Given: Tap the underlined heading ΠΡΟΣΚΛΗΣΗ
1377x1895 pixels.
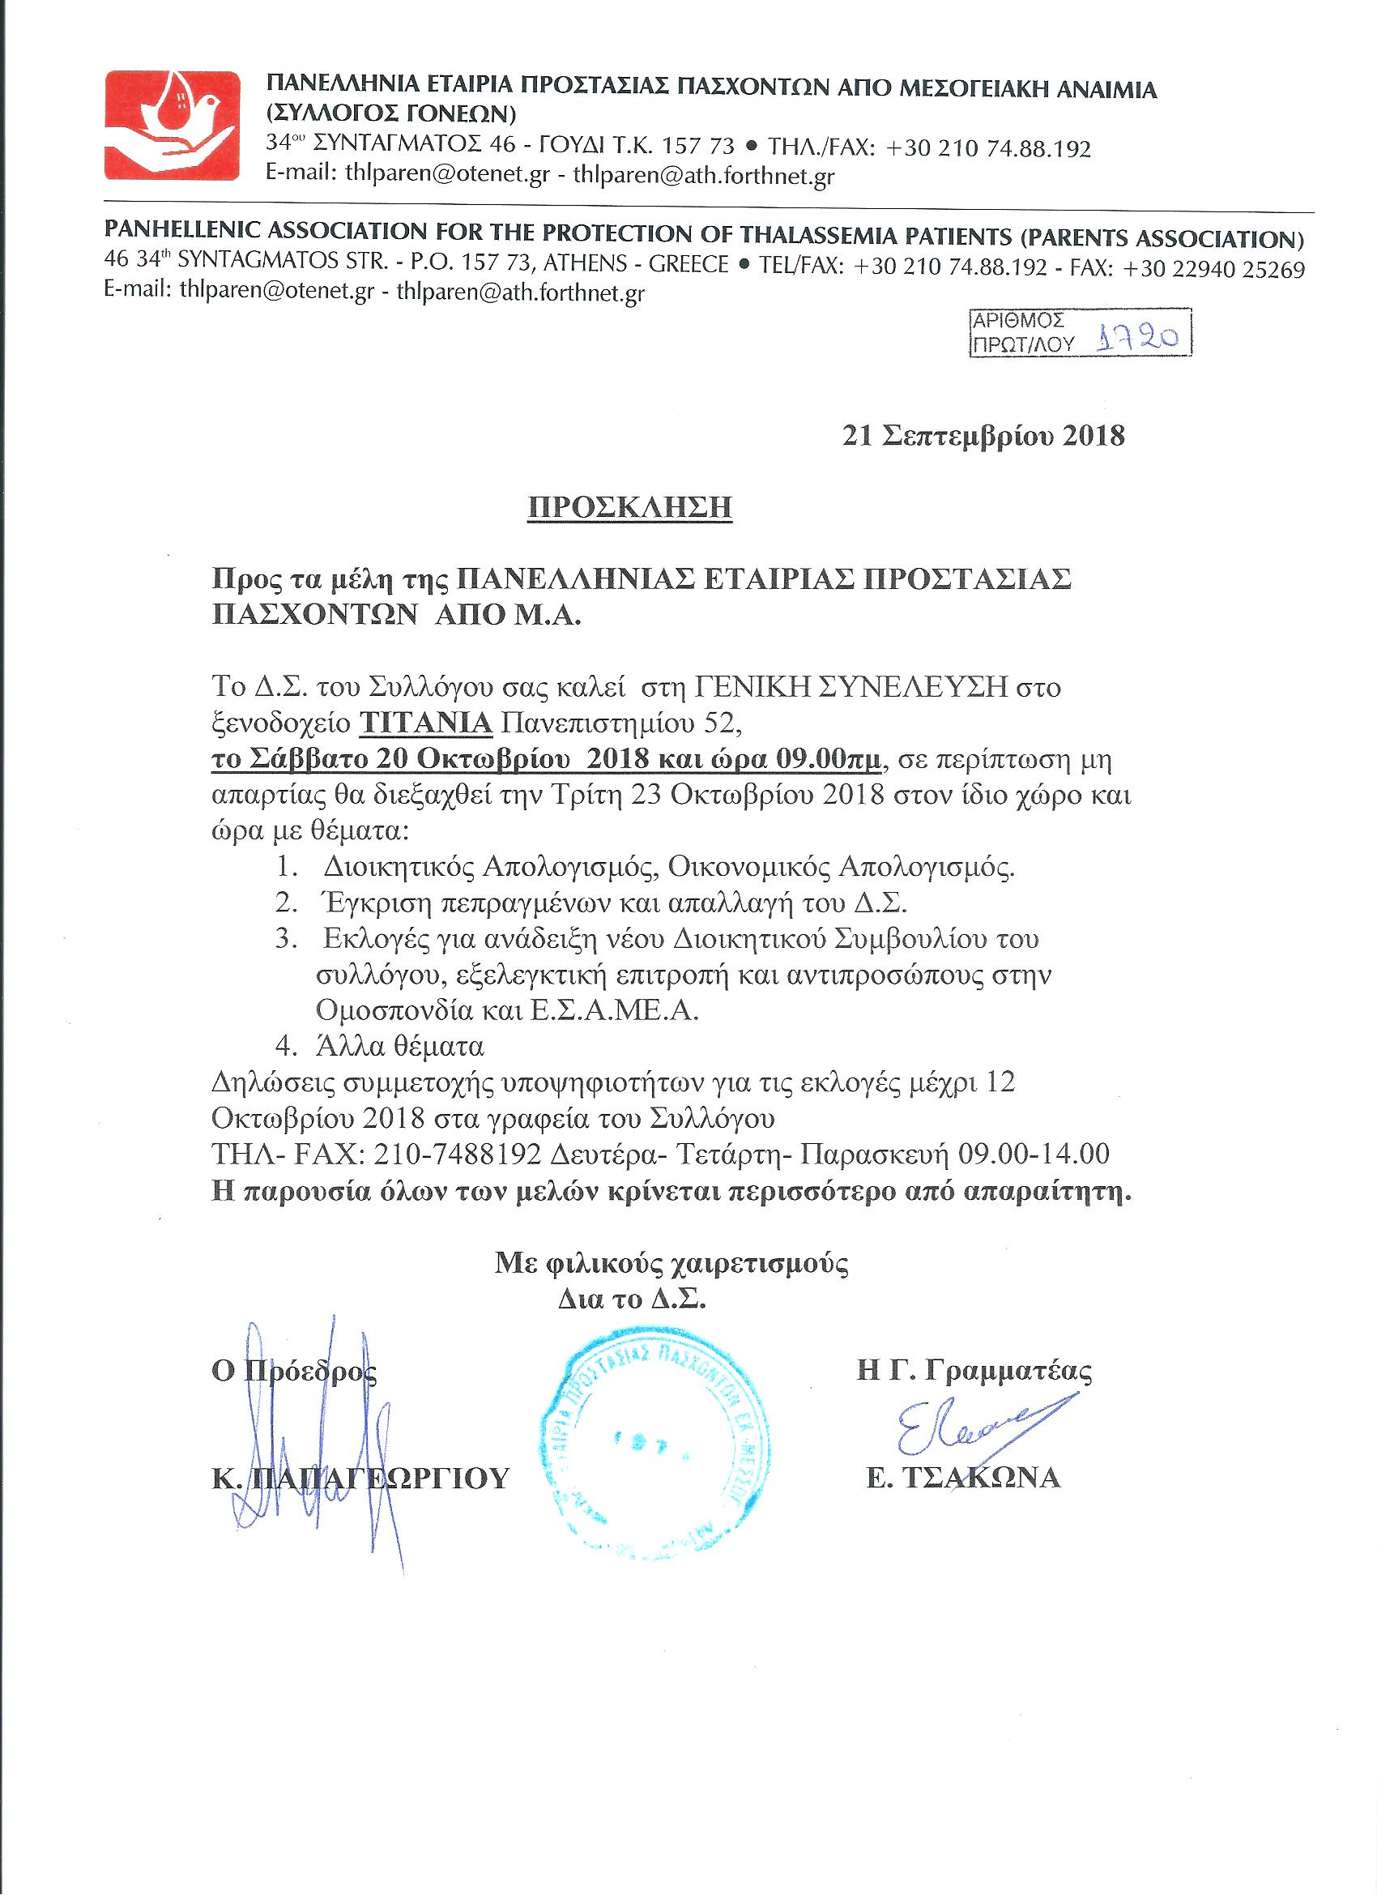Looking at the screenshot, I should (x=629, y=507).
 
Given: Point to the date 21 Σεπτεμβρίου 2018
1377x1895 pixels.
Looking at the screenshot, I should (x=983, y=436).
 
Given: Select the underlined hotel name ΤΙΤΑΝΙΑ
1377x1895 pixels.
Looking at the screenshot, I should (x=425, y=722).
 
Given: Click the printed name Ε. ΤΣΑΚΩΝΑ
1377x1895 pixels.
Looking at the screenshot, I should (x=962, y=1478).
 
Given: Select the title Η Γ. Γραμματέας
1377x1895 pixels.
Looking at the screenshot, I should (x=974, y=1371).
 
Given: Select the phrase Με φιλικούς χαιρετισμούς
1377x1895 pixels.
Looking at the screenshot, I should (x=670, y=1262).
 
